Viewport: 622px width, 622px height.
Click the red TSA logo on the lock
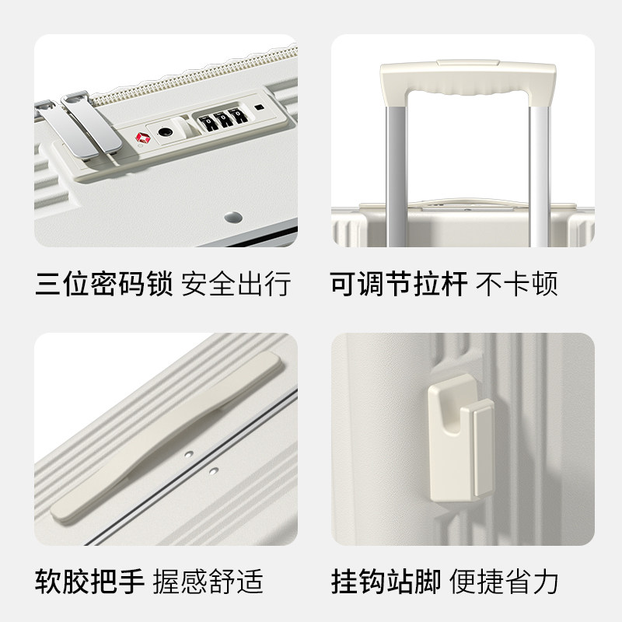(x=143, y=138)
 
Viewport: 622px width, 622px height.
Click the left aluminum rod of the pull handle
(x=393, y=171)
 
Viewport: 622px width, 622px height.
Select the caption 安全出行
(x=236, y=284)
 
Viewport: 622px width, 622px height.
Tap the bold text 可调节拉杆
(x=399, y=284)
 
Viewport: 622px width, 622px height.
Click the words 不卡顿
(x=517, y=284)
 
